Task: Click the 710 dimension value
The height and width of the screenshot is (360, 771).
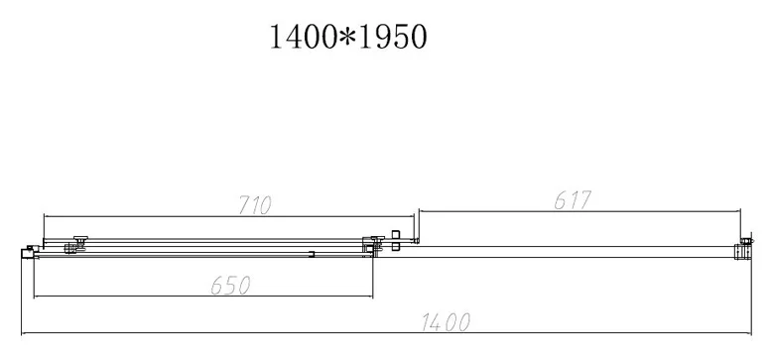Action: [x=255, y=205]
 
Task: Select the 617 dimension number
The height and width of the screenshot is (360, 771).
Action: [x=573, y=200]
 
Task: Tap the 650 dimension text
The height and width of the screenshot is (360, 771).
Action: [x=231, y=285]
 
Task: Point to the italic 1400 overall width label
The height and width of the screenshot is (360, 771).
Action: [x=446, y=322]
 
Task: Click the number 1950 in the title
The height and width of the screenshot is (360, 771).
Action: [x=393, y=37]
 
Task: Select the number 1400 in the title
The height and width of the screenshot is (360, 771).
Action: [x=304, y=37]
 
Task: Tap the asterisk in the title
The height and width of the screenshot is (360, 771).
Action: [x=348, y=37]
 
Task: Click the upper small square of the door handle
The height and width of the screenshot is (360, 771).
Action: [x=396, y=234]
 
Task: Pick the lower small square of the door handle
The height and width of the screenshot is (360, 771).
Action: [x=396, y=247]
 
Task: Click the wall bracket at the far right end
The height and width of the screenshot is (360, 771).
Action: [x=743, y=248]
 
